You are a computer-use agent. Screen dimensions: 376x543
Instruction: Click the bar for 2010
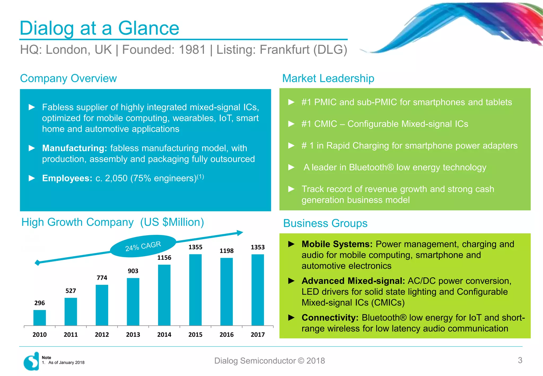point(40,318)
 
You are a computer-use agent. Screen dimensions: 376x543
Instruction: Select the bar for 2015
point(195,290)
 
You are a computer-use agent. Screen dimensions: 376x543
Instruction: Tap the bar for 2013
point(133,301)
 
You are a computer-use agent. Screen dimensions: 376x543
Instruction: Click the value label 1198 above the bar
point(226,251)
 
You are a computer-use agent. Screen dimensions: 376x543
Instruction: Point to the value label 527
point(71,291)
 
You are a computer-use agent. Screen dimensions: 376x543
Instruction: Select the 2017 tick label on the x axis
point(258,335)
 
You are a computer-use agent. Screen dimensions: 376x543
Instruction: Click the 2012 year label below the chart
point(102,335)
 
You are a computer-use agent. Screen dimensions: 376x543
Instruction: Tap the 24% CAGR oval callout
point(143,246)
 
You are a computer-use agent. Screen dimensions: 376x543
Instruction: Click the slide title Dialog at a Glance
point(99,28)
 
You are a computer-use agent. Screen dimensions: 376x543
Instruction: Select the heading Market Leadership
point(328,78)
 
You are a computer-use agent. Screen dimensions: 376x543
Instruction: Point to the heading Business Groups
point(325,223)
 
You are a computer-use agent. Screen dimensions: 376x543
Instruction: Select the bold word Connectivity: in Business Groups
point(330,318)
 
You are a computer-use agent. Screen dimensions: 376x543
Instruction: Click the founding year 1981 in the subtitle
point(192,50)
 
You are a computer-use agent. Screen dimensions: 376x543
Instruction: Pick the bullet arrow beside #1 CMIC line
point(291,124)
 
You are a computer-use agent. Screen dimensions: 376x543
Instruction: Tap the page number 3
point(520,360)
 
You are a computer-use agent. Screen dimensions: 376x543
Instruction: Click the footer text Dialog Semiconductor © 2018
point(269,361)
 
